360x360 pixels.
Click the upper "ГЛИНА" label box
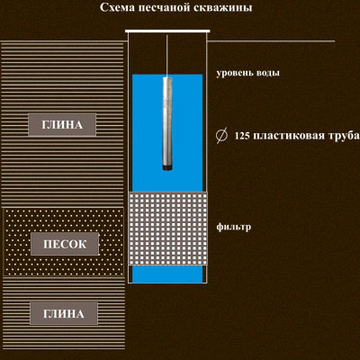coord(62,124)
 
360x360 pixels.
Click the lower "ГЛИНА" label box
coord(64,313)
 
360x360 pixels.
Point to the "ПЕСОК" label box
coord(65,244)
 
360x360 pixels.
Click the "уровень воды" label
coord(247,73)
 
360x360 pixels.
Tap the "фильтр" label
coord(234,227)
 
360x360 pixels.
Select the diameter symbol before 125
coord(220,136)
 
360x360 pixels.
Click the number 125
coord(242,136)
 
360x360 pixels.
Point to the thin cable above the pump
coord(167,56)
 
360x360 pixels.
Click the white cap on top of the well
coord(167,31)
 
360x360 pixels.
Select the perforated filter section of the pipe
coord(167,229)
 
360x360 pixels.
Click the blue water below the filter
coord(167,274)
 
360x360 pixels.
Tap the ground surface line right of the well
coord(271,41)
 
